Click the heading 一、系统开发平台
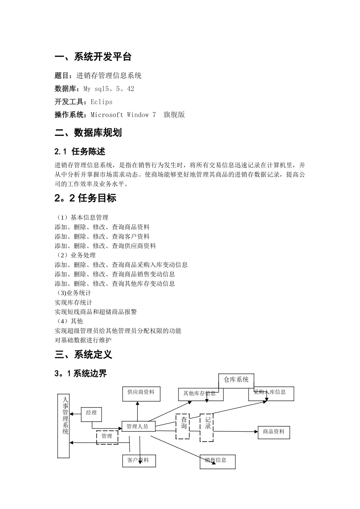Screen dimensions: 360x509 pyautogui.click(x=93, y=57)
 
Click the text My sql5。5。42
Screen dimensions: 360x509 pyautogui.click(x=108, y=89)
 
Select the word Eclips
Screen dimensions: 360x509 pyautogui.click(x=101, y=102)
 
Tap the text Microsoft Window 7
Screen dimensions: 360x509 pyautogui.click(x=123, y=115)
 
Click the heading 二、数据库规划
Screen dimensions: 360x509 pyautogui.click(x=88, y=133)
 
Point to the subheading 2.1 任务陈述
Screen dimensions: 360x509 pyautogui.click(x=80, y=151)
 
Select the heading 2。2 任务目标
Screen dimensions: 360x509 pyautogui.click(x=85, y=198)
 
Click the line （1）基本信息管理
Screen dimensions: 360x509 pyautogui.click(x=81, y=217)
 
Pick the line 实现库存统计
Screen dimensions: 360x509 pyautogui.click(x=74, y=303)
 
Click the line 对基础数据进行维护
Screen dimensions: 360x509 pyautogui.click(x=83, y=340)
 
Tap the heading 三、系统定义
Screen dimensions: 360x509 pyautogui.click(x=83, y=355)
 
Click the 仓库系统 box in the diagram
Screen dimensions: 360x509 pyautogui.click(x=236, y=380)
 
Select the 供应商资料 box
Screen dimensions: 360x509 pyautogui.click(x=141, y=394)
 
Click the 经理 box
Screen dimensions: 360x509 pyautogui.click(x=91, y=414)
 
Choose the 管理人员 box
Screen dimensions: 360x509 pyautogui.click(x=137, y=426)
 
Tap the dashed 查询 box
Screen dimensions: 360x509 pyautogui.click(x=183, y=426)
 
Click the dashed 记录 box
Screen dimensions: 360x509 pyautogui.click(x=207, y=427)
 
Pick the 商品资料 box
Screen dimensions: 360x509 pyautogui.click(x=274, y=432)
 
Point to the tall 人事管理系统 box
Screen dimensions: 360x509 pyautogui.click(x=64, y=426)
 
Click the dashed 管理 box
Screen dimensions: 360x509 pyautogui.click(x=107, y=437)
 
